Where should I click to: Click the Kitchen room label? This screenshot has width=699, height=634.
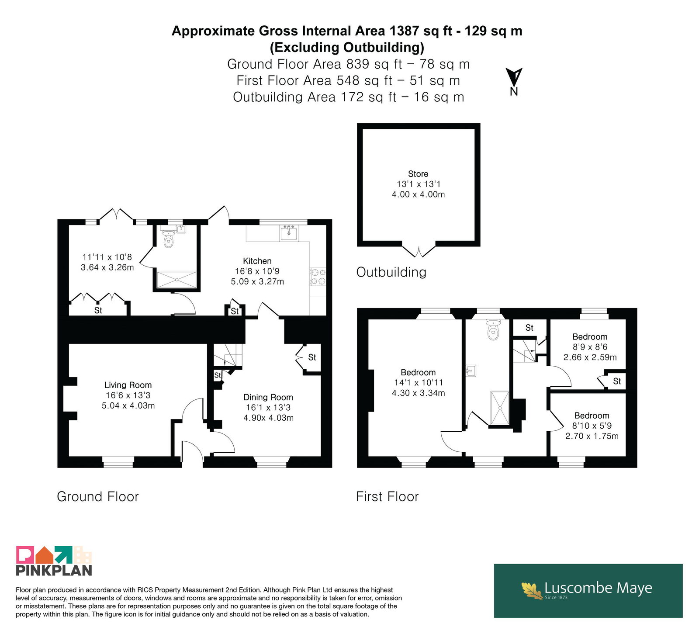pyautogui.click(x=257, y=261)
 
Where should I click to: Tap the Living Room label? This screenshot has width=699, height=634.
pyautogui.click(x=128, y=385)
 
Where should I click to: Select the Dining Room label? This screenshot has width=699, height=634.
pyautogui.click(x=268, y=397)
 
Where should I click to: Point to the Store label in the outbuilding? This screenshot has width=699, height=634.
pyautogui.click(x=418, y=173)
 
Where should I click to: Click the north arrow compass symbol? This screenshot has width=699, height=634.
pyautogui.click(x=514, y=81)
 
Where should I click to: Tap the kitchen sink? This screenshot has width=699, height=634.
pyautogui.click(x=288, y=233)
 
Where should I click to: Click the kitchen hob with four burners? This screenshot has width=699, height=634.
pyautogui.click(x=318, y=277)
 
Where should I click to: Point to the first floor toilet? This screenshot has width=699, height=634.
pyautogui.click(x=493, y=329)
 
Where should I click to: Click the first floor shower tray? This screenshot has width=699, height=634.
pyautogui.click(x=500, y=408)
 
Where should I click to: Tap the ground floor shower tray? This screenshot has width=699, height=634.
pyautogui.click(x=176, y=280)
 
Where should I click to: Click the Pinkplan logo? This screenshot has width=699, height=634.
pyautogui.click(x=54, y=561)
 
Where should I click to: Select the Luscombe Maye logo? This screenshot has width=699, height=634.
pyautogui.click(x=588, y=590)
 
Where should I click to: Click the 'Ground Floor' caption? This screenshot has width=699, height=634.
pyautogui.click(x=98, y=496)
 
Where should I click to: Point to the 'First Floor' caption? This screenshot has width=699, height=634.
pyautogui.click(x=388, y=496)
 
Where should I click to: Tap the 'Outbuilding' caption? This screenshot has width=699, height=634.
pyautogui.click(x=391, y=272)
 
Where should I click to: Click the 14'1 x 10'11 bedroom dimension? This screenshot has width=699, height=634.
pyautogui.click(x=419, y=382)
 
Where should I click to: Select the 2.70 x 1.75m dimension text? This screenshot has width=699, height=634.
pyautogui.click(x=592, y=436)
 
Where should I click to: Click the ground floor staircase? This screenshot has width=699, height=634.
pyautogui.click(x=227, y=354)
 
